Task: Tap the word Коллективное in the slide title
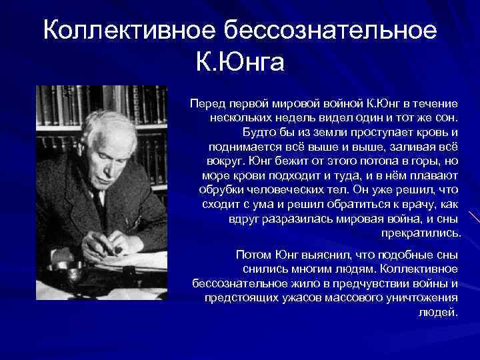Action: tap(131, 31)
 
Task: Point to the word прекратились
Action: tap(420, 233)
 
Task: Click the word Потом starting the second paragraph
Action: tap(254, 255)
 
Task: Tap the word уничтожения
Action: tap(423, 297)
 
